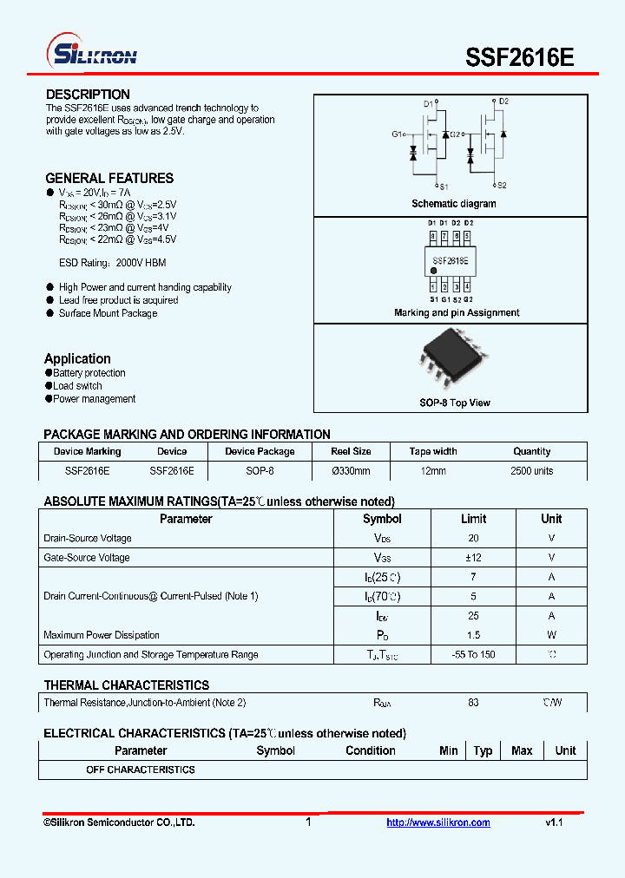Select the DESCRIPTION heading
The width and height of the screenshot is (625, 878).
coord(88,95)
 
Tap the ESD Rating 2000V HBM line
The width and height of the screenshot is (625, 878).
coord(112,263)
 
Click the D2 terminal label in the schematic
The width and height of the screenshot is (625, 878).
coord(503,102)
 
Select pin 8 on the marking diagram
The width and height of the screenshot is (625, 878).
coord(432,236)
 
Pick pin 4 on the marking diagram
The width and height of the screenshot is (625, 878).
coord(467,286)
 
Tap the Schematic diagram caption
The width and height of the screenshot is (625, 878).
coord(454,204)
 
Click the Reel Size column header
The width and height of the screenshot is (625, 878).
coord(351,451)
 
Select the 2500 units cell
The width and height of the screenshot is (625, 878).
coord(531,471)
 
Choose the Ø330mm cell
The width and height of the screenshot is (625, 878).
coord(351,471)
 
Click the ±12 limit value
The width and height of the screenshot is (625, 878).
coord(473,558)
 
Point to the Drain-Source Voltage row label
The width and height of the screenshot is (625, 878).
coord(88,539)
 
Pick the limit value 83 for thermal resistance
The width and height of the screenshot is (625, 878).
coord(473,703)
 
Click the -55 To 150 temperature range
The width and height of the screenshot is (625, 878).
coord(473,655)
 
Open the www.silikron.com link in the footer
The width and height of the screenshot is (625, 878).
coord(438,822)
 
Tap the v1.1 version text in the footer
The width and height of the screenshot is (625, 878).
coord(554,822)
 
